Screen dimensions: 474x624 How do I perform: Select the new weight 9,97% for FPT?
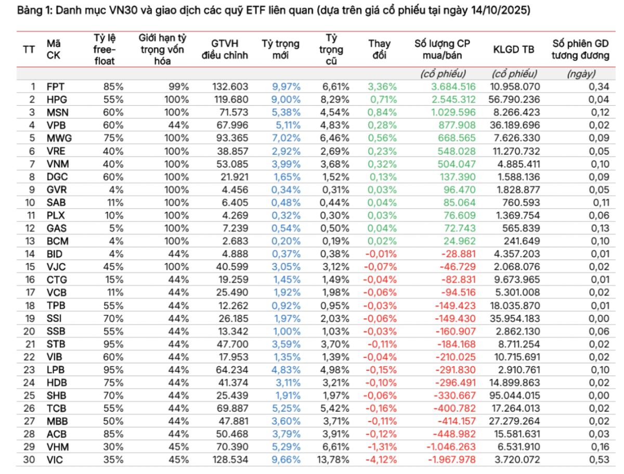[x=285, y=87]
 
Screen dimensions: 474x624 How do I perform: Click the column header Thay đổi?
[x=379, y=50]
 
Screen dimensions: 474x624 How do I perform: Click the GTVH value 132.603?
[x=231, y=87]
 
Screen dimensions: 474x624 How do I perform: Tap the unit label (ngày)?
[x=581, y=74]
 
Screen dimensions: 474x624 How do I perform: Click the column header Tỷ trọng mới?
[x=280, y=50]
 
